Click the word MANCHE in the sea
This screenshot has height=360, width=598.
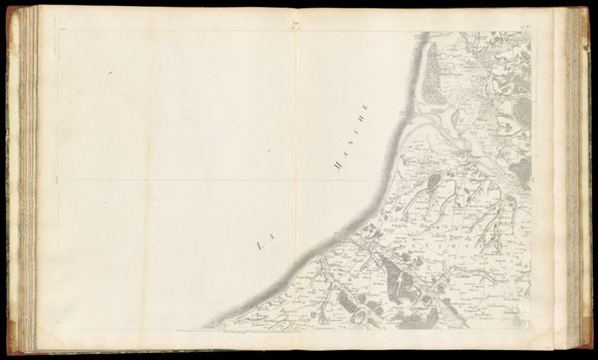click(352, 138)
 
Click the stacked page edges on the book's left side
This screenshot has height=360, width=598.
click(28, 180)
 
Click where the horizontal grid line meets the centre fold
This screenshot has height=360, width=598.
click(296, 180)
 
